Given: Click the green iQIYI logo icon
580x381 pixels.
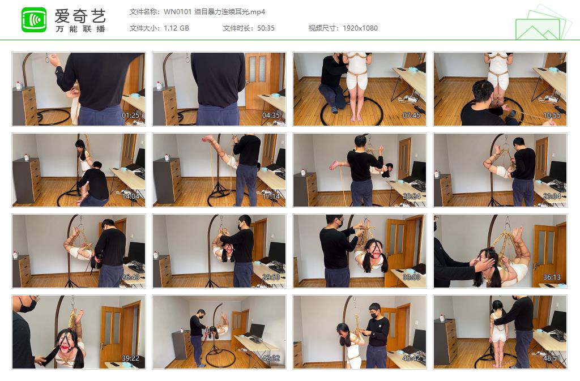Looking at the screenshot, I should tap(34, 20).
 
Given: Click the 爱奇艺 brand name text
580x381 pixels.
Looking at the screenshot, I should tap(80, 15).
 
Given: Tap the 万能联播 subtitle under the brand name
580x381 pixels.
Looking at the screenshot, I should tap(80, 29).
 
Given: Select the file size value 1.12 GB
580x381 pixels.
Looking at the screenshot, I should tap(176, 28).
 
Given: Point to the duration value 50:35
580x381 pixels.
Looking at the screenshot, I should tap(265, 28).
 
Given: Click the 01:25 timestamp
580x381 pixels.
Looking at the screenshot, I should tap(131, 115).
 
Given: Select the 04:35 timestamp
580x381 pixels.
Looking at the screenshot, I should tap(271, 115).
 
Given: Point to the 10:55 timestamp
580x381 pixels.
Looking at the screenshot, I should tap(552, 115).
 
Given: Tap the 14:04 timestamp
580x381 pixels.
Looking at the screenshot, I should tap(131, 196).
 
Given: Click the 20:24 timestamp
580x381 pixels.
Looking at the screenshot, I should tap(412, 196).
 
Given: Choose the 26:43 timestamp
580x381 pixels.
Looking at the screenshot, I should tap(131, 277).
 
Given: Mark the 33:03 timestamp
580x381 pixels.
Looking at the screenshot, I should tap(412, 277).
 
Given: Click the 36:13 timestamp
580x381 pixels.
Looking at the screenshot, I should tap(552, 277).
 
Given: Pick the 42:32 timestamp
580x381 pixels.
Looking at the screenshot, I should tap(271, 358).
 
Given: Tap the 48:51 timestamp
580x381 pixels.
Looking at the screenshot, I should tap(552, 358).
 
